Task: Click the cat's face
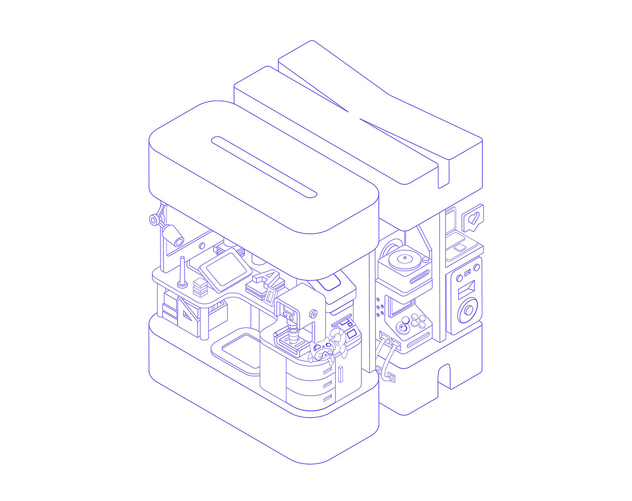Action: point(322,351)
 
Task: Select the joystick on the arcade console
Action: point(402,327)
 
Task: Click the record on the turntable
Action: point(405,259)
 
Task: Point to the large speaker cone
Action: point(469,310)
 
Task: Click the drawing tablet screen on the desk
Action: point(226,270)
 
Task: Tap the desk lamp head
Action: point(174,236)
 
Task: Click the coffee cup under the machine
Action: point(293,335)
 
